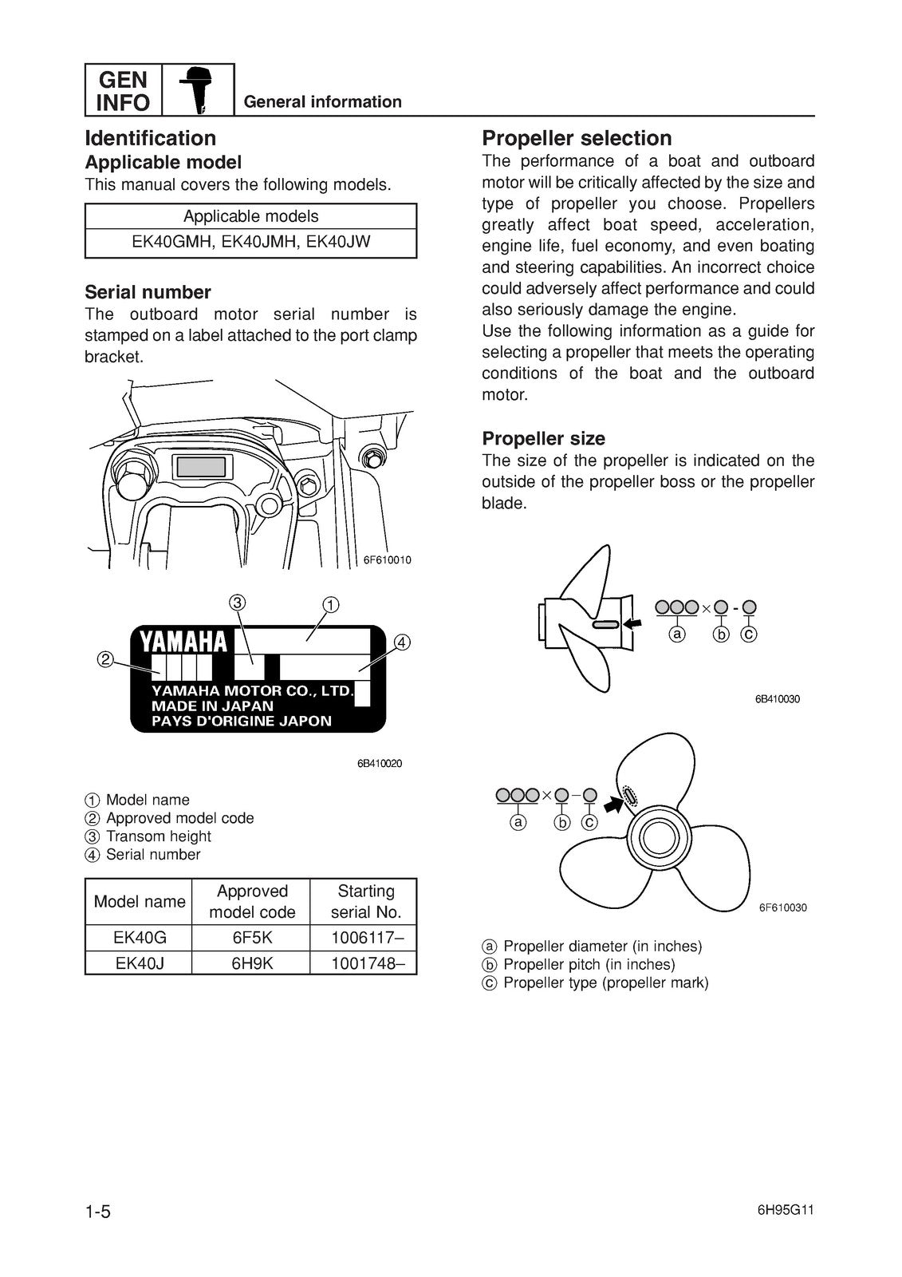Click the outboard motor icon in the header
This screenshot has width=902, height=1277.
coord(198,89)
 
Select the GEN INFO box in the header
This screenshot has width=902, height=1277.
coord(123,90)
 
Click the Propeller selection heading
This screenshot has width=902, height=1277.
coord(577,138)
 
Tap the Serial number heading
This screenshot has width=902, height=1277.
coord(148,292)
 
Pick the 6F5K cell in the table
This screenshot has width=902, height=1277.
coord(252,937)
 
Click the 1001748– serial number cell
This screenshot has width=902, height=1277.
coord(363,963)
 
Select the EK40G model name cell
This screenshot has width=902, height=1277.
coord(140,937)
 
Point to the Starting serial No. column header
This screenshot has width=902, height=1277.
coord(365,901)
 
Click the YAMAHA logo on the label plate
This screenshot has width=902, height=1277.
coord(183,642)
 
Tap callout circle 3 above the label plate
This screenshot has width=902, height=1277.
coord(237,603)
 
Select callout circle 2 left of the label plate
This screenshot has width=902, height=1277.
coord(105,659)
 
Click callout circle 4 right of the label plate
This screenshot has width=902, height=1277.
coord(402,642)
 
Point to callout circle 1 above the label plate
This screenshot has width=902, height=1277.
coord(329,604)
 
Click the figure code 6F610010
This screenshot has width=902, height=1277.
coord(388,560)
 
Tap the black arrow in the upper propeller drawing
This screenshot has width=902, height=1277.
coord(633,624)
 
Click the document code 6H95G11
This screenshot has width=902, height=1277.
coord(786,1210)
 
